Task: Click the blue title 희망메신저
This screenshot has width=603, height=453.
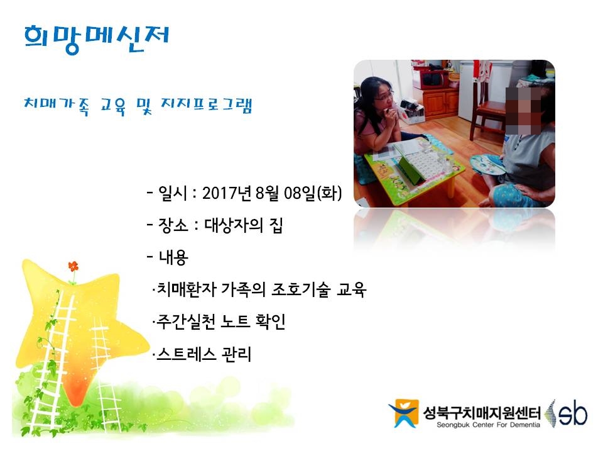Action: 96,39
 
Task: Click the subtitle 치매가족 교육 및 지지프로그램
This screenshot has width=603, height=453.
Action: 138,106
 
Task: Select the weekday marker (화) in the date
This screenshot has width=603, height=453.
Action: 329,193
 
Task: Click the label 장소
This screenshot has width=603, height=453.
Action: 173,225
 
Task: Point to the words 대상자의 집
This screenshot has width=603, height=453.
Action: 244,225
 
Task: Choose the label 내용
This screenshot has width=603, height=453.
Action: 173,257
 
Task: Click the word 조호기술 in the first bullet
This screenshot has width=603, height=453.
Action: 301,289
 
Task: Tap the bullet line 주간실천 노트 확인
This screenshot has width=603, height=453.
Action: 220,322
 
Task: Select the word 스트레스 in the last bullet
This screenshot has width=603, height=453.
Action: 187,354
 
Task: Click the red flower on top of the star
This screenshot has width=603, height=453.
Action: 73,266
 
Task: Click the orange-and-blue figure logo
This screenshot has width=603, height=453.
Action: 403,413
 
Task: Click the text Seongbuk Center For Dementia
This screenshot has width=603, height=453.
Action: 488,425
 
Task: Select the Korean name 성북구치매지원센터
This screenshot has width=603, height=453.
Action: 482,413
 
